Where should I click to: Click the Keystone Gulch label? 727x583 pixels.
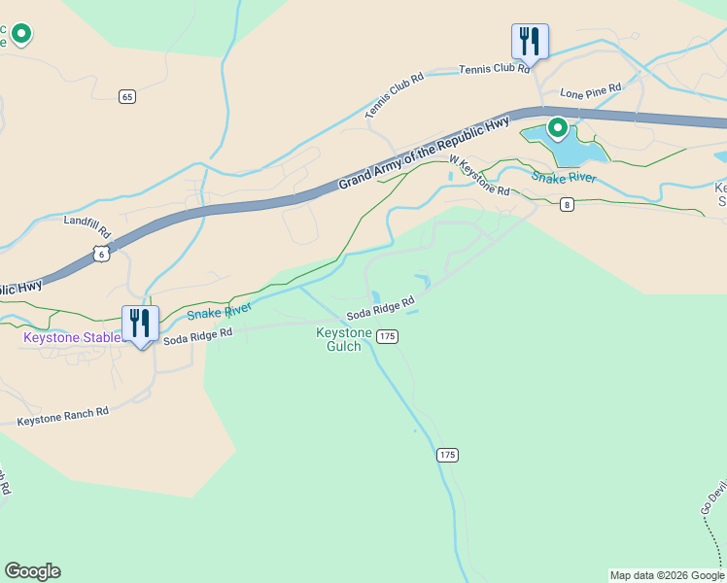pyautogui.click(x=344, y=339)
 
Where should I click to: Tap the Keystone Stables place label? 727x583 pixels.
pyautogui.click(x=72, y=337)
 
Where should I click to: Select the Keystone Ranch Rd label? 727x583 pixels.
pyautogui.click(x=63, y=417)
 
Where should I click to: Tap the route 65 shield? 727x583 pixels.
pyautogui.click(x=127, y=96)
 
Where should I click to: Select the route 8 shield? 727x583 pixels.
pyautogui.click(x=567, y=204)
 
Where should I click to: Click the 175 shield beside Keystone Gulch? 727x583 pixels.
pyautogui.click(x=388, y=336)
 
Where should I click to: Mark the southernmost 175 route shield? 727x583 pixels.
pyautogui.click(x=447, y=455)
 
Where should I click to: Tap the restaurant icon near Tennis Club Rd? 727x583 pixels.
pyautogui.click(x=530, y=42)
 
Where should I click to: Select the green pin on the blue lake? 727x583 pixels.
pyautogui.click(x=558, y=127)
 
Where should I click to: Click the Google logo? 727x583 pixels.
pyautogui.click(x=32, y=571)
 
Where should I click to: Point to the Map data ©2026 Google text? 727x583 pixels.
pyautogui.click(x=667, y=575)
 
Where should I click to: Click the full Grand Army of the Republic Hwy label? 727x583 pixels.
pyautogui.click(x=424, y=154)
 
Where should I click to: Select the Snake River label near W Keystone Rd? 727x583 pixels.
pyautogui.click(x=563, y=177)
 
